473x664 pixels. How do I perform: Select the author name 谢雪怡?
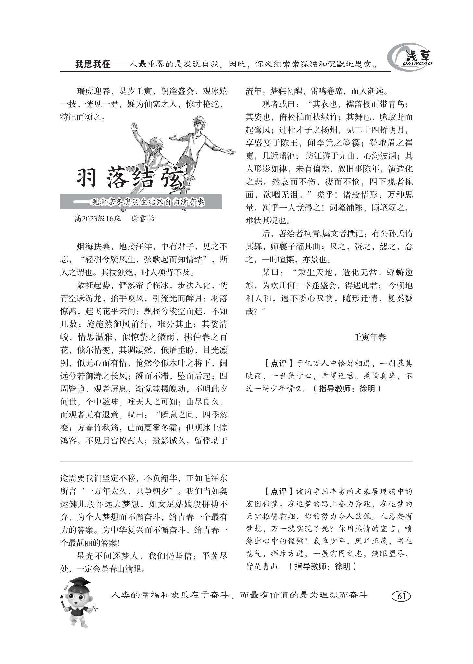tap(143, 218)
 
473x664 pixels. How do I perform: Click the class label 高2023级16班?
tap(97, 218)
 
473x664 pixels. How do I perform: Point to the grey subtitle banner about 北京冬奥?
tap(141, 202)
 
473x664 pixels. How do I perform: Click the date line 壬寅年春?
tap(369, 337)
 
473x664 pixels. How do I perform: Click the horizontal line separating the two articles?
tap(236, 461)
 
